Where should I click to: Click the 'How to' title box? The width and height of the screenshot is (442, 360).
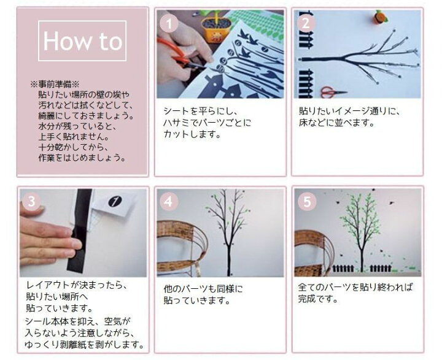[82, 41]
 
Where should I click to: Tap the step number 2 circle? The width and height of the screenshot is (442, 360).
[304, 23]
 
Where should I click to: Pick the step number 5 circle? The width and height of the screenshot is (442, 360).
[304, 201]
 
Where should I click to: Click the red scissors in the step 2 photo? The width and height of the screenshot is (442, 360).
[332, 92]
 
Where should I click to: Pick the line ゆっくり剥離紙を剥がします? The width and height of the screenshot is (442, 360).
[85, 344]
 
